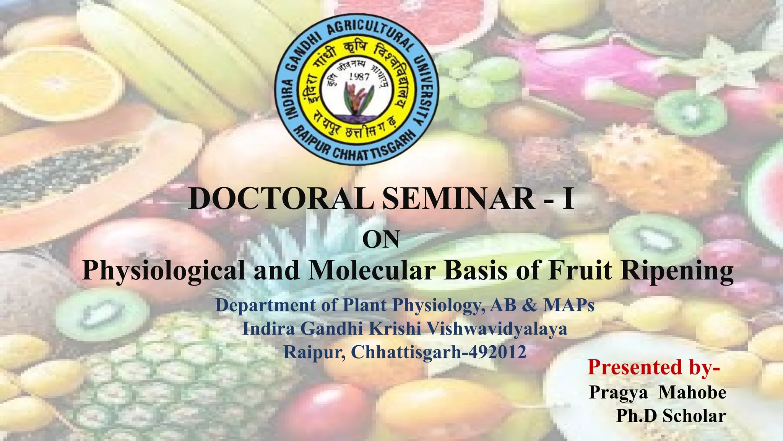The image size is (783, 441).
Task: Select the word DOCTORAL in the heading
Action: pyautogui.click(x=281, y=198)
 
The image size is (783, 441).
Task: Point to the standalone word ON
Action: pyautogui.click(x=381, y=240)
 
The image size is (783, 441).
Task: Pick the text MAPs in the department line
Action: pyautogui.click(x=569, y=305)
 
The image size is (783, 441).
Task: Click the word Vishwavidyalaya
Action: pyautogui.click(x=496, y=328)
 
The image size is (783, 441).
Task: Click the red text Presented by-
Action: pyautogui.click(x=654, y=367)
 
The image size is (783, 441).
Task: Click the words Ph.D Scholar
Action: pyautogui.click(x=671, y=416)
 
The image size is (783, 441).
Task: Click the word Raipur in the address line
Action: pyautogui.click(x=314, y=352)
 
